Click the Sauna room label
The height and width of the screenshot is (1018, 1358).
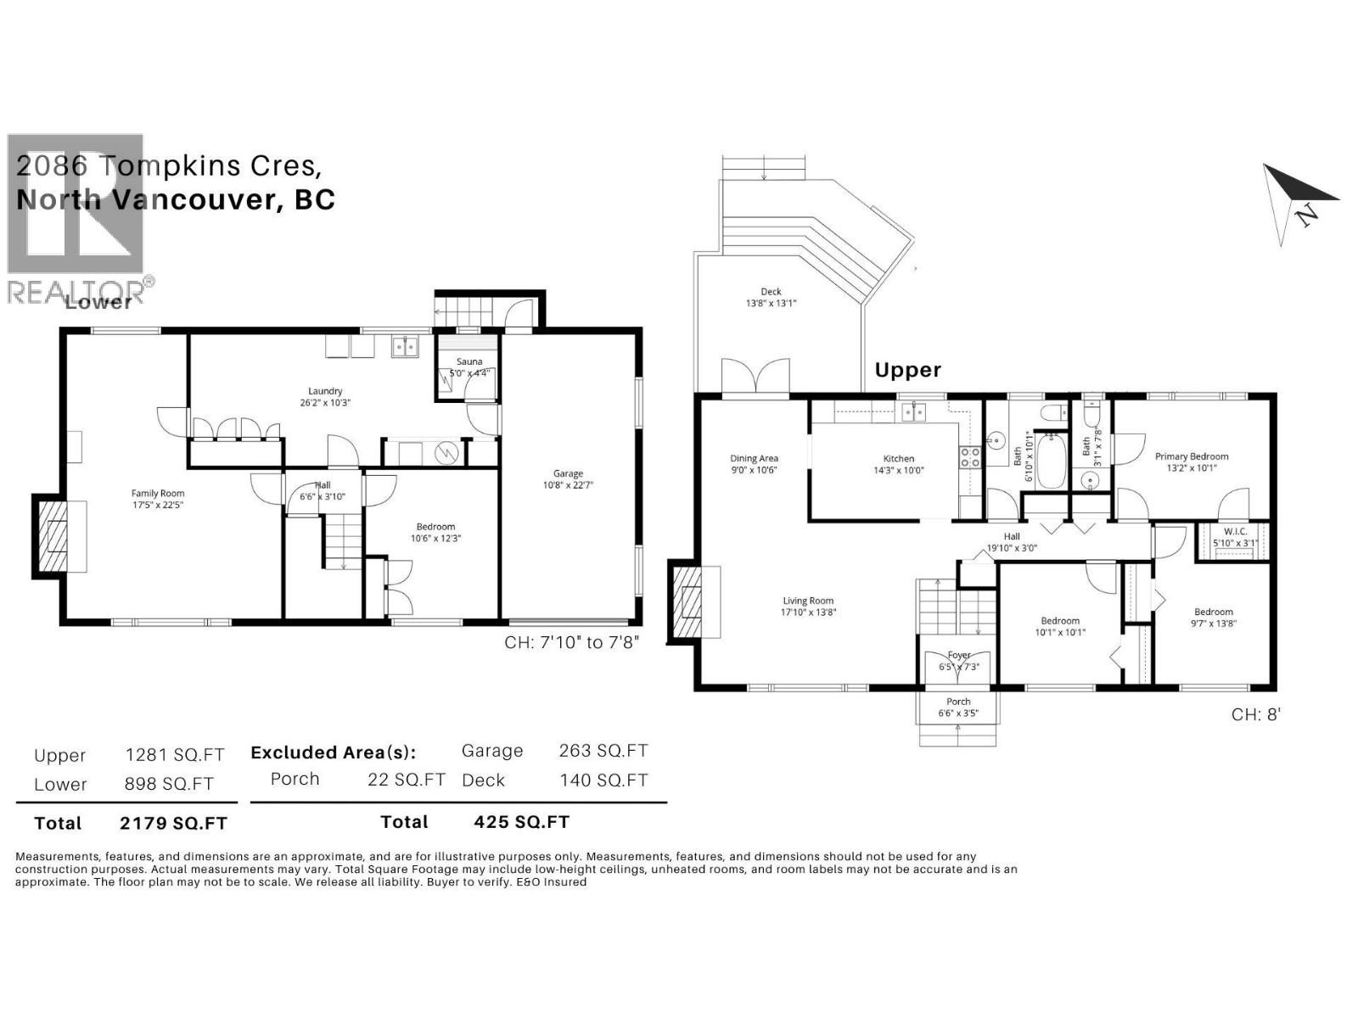(x=469, y=361)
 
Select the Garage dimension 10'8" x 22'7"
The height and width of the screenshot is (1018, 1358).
(x=568, y=485)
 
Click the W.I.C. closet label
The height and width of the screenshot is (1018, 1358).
(x=1235, y=531)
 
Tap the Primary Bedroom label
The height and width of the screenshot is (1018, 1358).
(x=1191, y=456)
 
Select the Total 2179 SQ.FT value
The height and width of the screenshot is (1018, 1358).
(x=173, y=823)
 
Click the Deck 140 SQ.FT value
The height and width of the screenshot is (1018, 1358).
(x=603, y=780)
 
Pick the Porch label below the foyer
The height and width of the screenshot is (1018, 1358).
(x=958, y=702)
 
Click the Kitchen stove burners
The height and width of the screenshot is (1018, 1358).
(x=969, y=458)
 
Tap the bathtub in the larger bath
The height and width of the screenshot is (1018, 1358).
(x=1051, y=462)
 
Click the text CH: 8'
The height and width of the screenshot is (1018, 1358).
(x=1255, y=714)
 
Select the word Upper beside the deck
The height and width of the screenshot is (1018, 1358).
(x=907, y=370)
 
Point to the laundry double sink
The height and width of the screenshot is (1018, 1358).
(x=405, y=346)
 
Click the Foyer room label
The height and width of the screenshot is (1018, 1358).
(x=958, y=655)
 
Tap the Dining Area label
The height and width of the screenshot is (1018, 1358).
(x=754, y=459)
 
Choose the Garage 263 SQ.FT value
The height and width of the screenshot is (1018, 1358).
(x=603, y=751)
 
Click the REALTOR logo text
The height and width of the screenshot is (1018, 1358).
(x=81, y=291)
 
